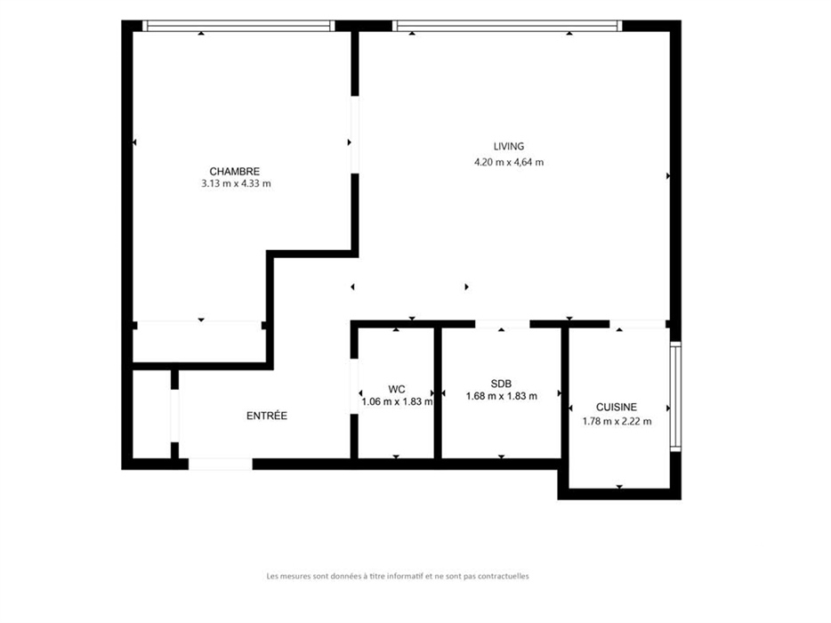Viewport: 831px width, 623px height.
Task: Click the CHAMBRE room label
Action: (234, 171)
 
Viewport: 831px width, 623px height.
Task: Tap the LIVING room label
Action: (509, 146)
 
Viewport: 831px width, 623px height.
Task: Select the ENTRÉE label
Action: (267, 416)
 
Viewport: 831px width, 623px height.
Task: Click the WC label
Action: (397, 389)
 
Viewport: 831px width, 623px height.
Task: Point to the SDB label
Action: (501, 384)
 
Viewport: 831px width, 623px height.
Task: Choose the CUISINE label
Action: (617, 408)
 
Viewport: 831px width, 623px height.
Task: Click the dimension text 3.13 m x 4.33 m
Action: (236, 184)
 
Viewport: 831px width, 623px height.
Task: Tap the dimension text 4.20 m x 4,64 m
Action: (509, 162)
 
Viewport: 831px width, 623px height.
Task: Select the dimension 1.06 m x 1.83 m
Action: (397, 402)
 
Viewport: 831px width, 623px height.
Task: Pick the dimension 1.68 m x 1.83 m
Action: (501, 396)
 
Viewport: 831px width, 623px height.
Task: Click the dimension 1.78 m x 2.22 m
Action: (617, 422)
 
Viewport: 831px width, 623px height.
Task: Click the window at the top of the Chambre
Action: (238, 26)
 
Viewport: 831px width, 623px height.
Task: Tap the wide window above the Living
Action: (507, 26)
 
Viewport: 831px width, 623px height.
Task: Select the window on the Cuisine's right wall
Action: (675, 397)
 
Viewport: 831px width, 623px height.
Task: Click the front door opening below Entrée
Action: (221, 464)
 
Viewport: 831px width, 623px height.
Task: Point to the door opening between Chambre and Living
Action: (354, 134)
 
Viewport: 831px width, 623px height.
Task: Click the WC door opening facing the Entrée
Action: (354, 386)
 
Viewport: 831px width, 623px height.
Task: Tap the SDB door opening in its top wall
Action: (503, 324)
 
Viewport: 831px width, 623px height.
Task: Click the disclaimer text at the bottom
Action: (398, 576)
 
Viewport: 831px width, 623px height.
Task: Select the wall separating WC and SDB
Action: (438, 392)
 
